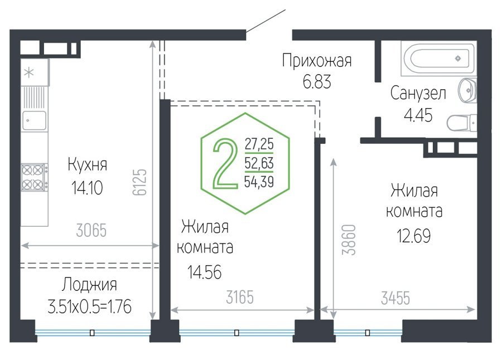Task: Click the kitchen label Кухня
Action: pos(87,165)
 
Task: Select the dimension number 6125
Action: pos(139,182)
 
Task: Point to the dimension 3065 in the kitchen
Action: pos(91,230)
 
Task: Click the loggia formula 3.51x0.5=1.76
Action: pos(89,307)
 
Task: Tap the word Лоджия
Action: pos(89,284)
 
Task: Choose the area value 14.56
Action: pos(204,273)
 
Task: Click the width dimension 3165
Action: pos(240,297)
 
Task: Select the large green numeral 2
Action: pos(225,163)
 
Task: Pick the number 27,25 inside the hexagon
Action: pos(259,144)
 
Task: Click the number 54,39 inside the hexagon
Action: pos(259,182)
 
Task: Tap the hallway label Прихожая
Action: pos(317,61)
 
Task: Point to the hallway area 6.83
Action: pos(317,81)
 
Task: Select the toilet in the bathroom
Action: pos(462,123)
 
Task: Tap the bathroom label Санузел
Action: pos(418,94)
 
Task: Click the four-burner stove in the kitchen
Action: pos(34,177)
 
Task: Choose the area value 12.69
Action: pos(414,236)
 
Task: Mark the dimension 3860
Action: pos(349,240)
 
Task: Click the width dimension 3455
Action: pos(395,298)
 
